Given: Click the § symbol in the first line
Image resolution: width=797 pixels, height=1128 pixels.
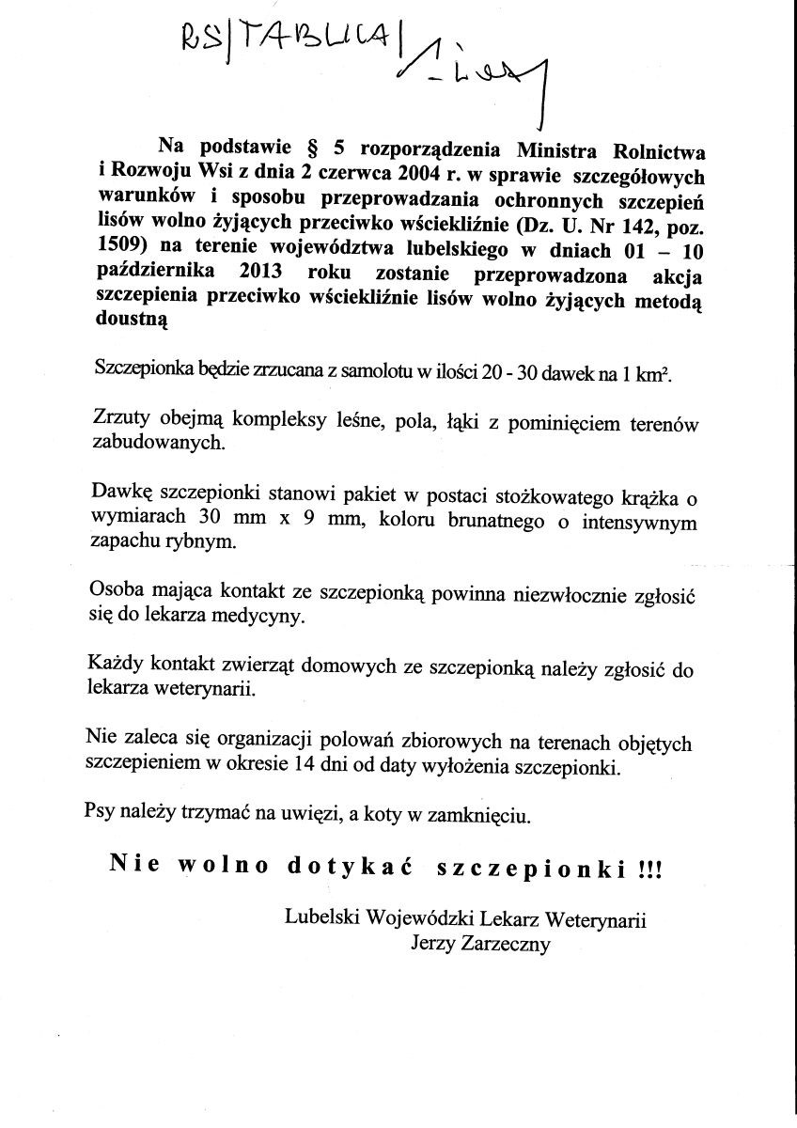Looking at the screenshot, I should [x=315, y=148].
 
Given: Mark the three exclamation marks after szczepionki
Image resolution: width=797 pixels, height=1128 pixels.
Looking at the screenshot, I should [x=649, y=868].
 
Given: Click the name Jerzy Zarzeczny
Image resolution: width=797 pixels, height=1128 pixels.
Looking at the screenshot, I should [x=479, y=943].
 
